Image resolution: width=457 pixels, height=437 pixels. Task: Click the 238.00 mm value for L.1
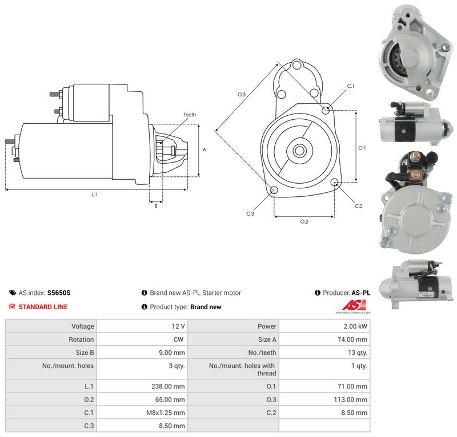click(x=168, y=386)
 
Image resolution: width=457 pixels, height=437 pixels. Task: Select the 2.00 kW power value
click(x=355, y=326)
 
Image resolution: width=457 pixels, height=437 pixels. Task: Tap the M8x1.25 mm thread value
click(x=166, y=412)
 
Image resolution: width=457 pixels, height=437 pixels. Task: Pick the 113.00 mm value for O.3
click(x=351, y=399)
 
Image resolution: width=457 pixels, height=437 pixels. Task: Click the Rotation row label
click(x=81, y=339)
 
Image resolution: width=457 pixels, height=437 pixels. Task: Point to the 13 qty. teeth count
click(x=358, y=353)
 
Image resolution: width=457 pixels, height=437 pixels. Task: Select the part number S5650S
click(x=59, y=293)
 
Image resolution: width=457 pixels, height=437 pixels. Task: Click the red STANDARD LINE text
click(x=43, y=307)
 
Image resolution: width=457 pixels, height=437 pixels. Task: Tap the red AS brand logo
click(x=354, y=305)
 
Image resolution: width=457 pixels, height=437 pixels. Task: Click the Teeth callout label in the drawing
click(x=190, y=115)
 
